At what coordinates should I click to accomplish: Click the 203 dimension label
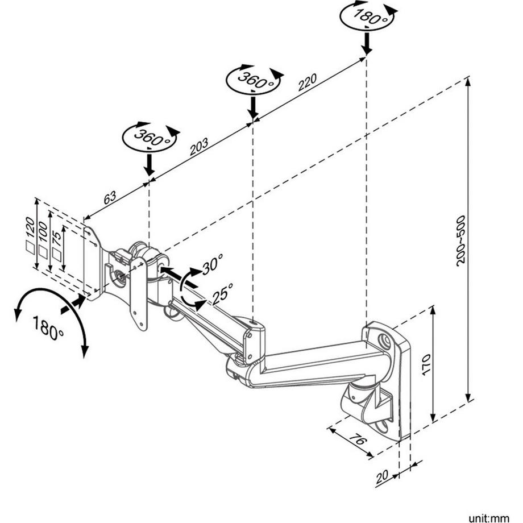(198, 147)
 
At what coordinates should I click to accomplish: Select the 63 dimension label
(110, 197)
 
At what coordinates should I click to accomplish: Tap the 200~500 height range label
(460, 239)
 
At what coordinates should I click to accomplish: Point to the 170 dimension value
(426, 364)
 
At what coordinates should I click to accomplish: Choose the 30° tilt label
(211, 264)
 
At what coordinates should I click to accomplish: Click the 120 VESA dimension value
(31, 227)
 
